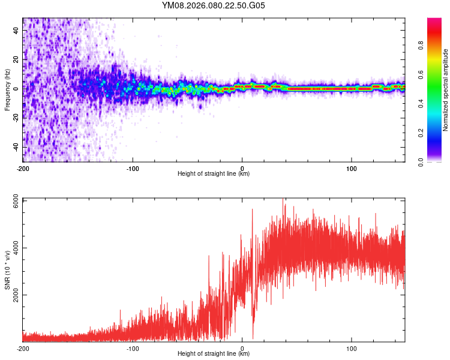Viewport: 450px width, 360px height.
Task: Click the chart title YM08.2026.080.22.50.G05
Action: click(214, 6)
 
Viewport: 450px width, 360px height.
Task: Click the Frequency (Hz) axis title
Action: click(7, 90)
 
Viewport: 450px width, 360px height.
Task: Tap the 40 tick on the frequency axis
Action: click(17, 31)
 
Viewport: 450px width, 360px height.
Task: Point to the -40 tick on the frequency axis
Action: click(16, 147)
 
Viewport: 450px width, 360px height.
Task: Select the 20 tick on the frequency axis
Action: click(17, 59)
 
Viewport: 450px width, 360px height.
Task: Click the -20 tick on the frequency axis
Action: click(16, 118)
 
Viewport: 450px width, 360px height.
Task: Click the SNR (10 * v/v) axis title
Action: click(7, 270)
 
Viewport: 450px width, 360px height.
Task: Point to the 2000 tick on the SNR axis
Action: click(13, 295)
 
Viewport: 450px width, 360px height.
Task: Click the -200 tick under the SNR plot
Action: click(23, 348)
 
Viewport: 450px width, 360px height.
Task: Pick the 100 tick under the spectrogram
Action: click(352, 168)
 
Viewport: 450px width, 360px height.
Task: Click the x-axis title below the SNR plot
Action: click(214, 354)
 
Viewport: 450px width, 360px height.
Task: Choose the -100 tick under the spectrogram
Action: click(133, 168)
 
